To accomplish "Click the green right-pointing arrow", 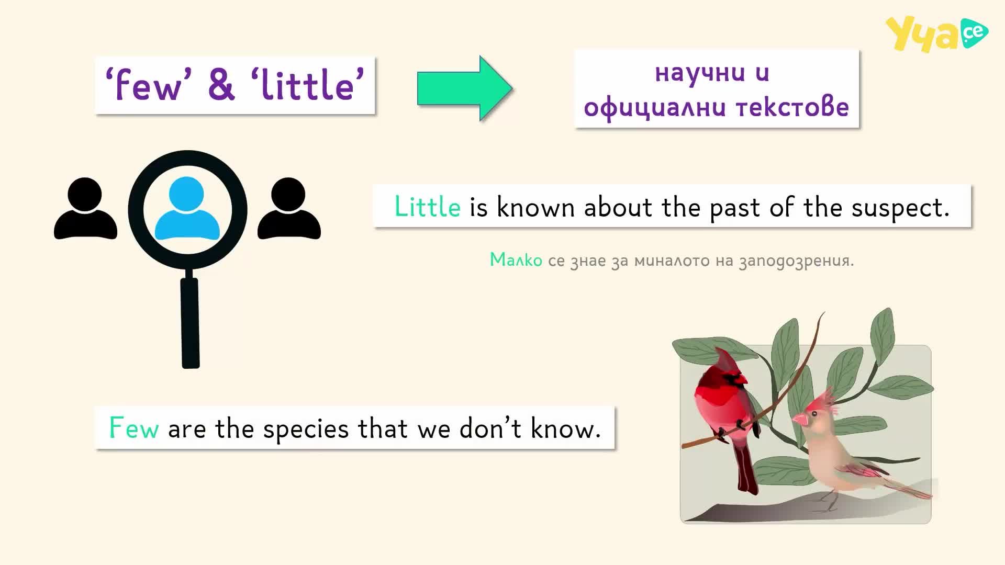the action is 465,88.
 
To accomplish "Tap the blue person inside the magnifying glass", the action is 187,209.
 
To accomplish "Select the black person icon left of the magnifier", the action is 85,209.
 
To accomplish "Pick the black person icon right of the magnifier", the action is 289,209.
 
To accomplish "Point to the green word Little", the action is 427,207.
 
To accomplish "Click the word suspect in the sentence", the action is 900,208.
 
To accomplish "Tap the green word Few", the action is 133,428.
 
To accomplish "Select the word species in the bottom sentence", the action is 306,430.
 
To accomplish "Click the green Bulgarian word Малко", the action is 516,260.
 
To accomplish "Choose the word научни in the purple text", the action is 700,74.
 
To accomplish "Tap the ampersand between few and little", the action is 221,85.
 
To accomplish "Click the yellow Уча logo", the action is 936,35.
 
